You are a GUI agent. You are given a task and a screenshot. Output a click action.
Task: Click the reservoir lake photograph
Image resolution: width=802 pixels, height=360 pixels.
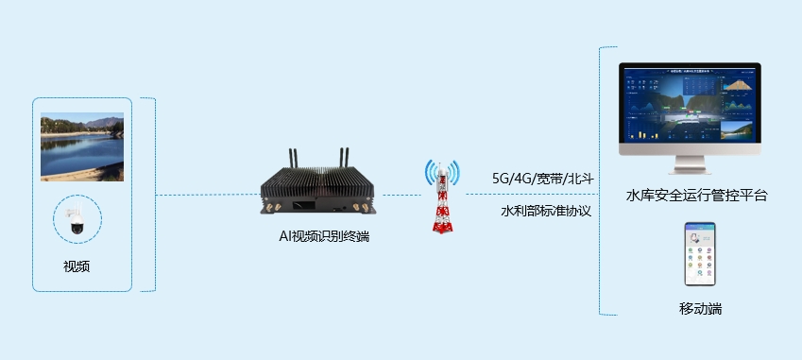[82, 146]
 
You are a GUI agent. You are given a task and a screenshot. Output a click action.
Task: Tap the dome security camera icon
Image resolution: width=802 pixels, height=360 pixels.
[75, 220]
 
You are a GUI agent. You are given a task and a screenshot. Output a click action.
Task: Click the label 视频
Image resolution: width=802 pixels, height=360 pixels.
[77, 266]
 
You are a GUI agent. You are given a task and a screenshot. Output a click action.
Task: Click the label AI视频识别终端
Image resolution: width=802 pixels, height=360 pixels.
[317, 236]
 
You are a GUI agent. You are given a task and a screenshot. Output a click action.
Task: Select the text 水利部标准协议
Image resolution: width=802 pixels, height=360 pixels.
[545, 211]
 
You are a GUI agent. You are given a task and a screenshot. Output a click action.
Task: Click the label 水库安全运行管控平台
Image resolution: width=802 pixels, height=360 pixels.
[696, 196]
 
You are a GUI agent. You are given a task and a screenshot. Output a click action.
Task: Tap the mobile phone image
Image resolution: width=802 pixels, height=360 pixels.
[700, 254]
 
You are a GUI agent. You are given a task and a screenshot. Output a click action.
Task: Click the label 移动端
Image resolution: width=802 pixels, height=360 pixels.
[700, 309]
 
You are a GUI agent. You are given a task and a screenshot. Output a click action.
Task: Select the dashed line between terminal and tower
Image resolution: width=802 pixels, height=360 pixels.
[401, 195]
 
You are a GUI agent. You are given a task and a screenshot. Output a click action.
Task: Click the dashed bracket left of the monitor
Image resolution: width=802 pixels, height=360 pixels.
[601, 180]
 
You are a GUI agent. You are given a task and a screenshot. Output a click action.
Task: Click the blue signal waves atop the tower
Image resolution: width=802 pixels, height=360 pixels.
[441, 170]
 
